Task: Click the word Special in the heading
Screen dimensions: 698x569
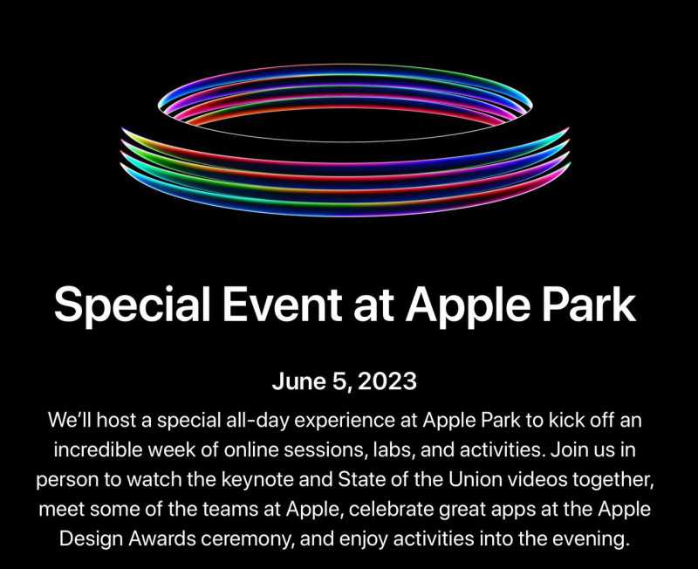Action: coord(133,305)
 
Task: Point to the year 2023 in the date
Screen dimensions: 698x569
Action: coord(387,381)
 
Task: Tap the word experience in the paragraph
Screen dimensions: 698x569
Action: coord(344,422)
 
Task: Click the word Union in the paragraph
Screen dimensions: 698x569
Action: coord(475,479)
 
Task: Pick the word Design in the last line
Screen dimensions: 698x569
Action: coord(92,539)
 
